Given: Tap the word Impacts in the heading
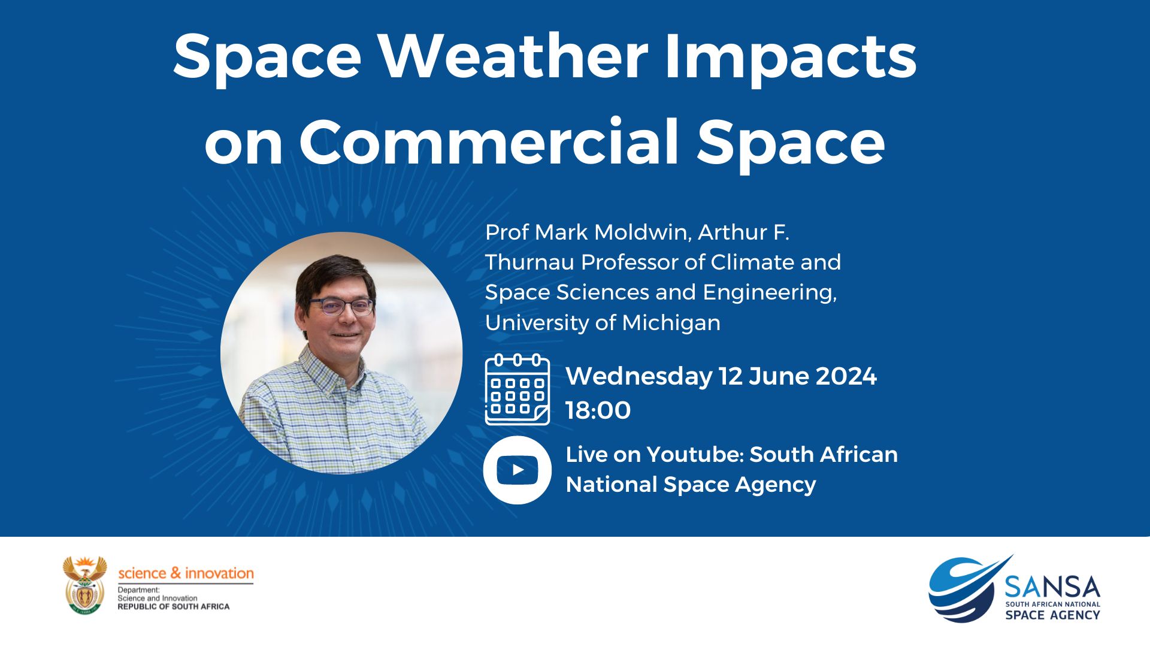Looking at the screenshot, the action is pyautogui.click(x=791, y=57).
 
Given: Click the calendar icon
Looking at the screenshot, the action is pyautogui.click(x=517, y=389).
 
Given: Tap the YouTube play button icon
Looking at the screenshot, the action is pyautogui.click(x=517, y=470).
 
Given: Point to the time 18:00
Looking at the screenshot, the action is pyautogui.click(x=598, y=410).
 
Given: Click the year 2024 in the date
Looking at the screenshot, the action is pyautogui.click(x=846, y=376).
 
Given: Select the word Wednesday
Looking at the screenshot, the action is pyautogui.click(x=639, y=376).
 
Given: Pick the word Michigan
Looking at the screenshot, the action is pyautogui.click(x=671, y=323).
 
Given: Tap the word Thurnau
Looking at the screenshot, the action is pyautogui.click(x=529, y=262).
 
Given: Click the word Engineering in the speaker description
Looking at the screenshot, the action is pyautogui.click(x=770, y=293).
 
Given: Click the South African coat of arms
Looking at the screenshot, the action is pyautogui.click(x=84, y=585).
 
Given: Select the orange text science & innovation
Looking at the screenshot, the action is pyautogui.click(x=186, y=573).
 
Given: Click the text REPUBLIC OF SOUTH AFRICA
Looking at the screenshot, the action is pyautogui.click(x=173, y=607).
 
